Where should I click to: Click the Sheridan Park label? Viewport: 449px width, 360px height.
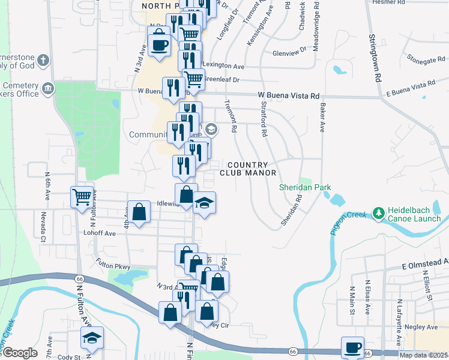pos(305,188)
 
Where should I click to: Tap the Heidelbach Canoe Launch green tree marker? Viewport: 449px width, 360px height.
pos(378,213)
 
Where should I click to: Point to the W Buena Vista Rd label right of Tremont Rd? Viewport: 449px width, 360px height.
pos(288,95)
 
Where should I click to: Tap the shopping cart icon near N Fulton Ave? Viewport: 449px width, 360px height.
pos(81,196)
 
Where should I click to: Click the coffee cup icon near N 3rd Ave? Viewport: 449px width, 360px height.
pos(158,45)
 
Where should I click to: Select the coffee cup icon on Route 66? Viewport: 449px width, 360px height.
pos(352,347)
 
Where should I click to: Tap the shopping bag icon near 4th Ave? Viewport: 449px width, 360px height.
pos(139,212)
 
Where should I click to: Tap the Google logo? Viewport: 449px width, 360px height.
pos(19,353)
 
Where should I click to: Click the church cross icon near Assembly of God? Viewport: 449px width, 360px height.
pos(43,60)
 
